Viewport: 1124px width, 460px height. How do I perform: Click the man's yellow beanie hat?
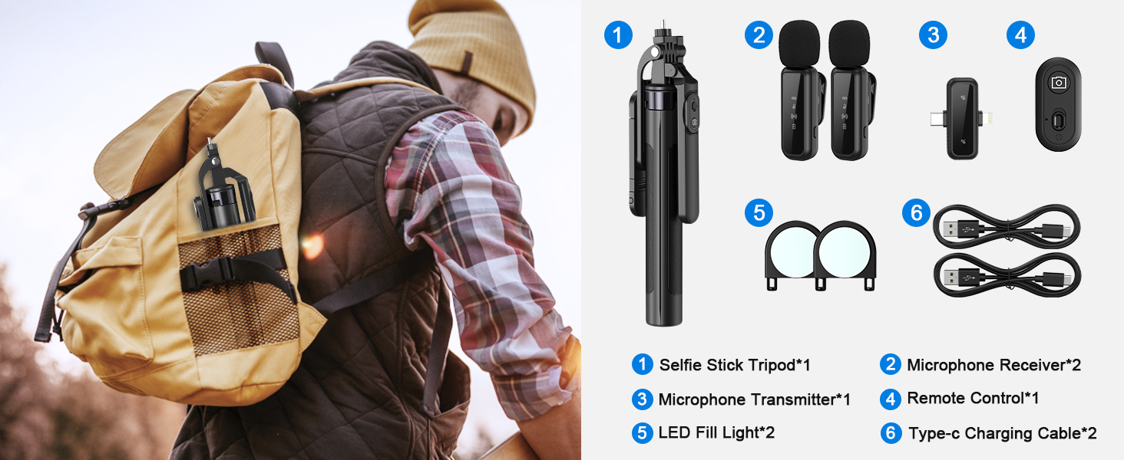(x=476, y=54)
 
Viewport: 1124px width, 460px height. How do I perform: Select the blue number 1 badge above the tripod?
(x=618, y=35)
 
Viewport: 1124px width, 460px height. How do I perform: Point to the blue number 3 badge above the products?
(x=933, y=35)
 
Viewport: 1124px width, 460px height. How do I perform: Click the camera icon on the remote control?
(x=1059, y=83)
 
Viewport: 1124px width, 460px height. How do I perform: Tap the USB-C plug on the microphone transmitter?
(x=934, y=119)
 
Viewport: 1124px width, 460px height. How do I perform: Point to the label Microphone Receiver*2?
(x=993, y=365)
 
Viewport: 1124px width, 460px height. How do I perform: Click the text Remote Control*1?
(x=973, y=399)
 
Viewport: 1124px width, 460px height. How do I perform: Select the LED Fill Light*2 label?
(x=716, y=433)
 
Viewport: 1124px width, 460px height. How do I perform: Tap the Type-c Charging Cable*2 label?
(x=1002, y=433)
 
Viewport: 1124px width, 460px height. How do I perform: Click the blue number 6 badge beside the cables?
(x=916, y=213)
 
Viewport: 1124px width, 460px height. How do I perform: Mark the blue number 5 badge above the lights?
(x=759, y=213)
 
